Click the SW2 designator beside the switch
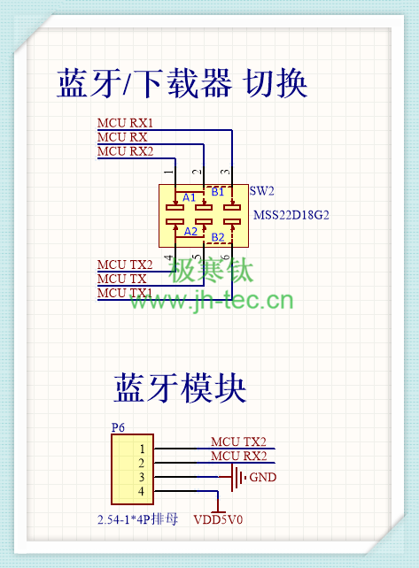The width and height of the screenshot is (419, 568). (261, 190)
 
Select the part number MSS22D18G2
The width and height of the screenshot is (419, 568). (291, 215)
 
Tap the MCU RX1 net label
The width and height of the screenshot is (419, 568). (125, 123)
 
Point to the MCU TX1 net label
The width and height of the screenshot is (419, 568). (125, 293)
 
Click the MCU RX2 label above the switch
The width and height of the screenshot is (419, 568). (125, 151)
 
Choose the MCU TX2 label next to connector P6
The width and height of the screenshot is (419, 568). (238, 441)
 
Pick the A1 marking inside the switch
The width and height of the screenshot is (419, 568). (189, 197)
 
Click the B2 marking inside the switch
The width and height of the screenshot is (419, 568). (218, 237)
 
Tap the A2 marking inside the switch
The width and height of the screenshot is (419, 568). (190, 231)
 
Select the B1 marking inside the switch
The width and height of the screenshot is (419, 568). (218, 192)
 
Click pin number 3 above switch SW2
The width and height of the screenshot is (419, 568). (226, 172)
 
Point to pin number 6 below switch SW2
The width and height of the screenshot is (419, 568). (226, 257)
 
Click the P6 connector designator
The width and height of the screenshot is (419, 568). (118, 427)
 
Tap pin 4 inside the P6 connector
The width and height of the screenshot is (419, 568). (141, 491)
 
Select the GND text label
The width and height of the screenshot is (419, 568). (263, 477)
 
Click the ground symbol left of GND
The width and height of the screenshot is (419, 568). (238, 478)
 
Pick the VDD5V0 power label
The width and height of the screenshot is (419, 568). (218, 520)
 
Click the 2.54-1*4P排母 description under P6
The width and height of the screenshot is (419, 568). (138, 519)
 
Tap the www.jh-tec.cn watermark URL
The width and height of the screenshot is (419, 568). (211, 300)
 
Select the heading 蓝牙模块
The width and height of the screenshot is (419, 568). (181, 388)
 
